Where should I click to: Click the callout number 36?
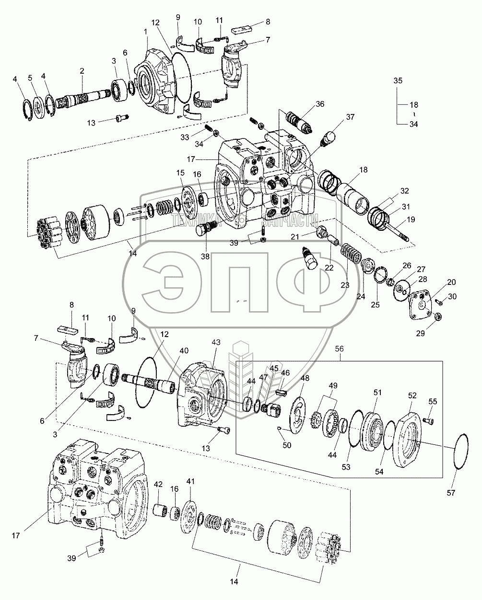(x=320, y=104)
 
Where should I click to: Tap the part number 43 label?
(x=216, y=342)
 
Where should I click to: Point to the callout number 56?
(x=341, y=350)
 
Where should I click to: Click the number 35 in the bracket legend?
(x=399, y=80)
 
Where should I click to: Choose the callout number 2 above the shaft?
(x=82, y=71)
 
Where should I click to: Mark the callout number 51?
(x=377, y=393)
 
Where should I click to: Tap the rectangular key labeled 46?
(x=282, y=392)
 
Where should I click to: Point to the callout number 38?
(x=205, y=256)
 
